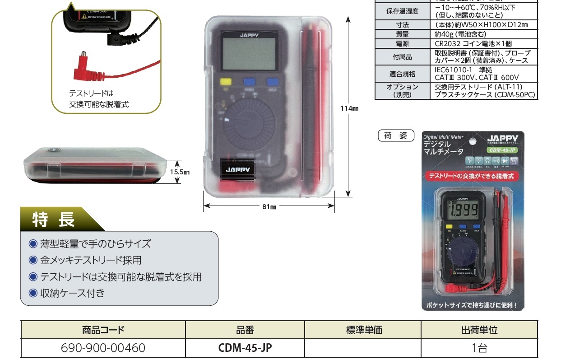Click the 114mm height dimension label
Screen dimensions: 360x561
tap(349, 108)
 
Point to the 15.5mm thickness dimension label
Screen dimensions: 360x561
tap(180, 172)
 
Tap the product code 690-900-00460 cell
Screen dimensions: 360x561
tap(103, 348)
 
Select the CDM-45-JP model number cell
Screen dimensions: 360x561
tap(245, 348)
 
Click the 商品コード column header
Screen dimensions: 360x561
tap(103, 330)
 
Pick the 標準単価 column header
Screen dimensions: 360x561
tap(363, 330)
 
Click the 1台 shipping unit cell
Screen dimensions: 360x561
tap(479, 348)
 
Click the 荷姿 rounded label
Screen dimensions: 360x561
tap(395, 136)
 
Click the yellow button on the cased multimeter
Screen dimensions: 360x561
tap(224, 82)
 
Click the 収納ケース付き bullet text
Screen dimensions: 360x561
tap(72, 293)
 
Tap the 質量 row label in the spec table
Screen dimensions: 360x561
tap(402, 34)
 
